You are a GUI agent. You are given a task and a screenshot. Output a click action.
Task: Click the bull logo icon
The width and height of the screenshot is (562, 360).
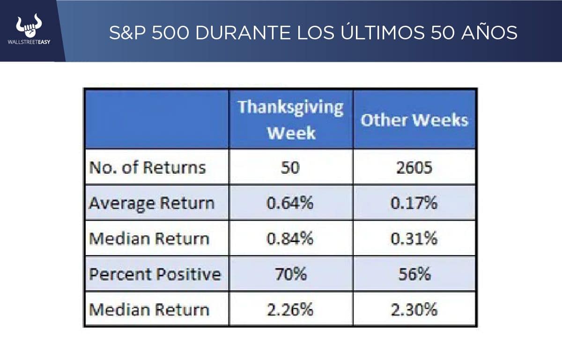tap(29, 26)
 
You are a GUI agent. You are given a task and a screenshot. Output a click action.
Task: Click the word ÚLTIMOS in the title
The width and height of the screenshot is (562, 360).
tap(373, 32)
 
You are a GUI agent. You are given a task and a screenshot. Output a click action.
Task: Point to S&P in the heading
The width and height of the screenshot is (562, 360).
tap(129, 32)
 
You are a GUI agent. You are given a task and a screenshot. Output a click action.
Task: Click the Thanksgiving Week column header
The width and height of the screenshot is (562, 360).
tap(291, 119)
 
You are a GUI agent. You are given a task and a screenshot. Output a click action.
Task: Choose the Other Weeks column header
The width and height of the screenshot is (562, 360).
tap(414, 120)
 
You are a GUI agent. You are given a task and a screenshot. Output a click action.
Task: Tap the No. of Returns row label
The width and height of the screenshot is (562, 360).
tap(148, 168)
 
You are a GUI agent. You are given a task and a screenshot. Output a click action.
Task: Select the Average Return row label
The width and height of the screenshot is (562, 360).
tap(152, 203)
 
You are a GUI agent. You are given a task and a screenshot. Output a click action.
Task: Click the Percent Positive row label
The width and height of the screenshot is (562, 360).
tap(155, 274)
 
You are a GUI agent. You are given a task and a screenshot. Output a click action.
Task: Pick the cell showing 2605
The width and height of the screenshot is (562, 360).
tap(414, 168)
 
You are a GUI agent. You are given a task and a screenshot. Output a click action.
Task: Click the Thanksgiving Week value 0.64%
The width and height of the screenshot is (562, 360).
tap(290, 203)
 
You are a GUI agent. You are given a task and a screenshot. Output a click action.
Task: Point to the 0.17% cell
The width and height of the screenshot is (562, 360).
tap(414, 203)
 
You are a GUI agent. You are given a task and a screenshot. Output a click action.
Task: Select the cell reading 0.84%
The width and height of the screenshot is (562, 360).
tap(290, 239)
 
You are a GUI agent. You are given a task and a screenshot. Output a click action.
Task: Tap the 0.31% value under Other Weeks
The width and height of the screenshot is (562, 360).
tap(414, 239)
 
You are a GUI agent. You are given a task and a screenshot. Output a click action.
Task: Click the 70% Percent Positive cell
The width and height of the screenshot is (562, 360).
tap(290, 274)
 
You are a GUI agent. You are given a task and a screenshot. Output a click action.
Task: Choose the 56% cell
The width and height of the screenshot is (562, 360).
tap(414, 274)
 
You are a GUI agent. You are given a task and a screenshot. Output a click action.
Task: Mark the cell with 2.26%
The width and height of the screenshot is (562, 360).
tap(290, 309)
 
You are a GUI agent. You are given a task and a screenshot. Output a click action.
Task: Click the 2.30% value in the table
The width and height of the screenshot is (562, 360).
tap(414, 309)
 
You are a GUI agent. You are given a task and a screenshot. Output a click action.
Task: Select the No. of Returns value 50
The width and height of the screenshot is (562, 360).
tap(290, 168)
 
